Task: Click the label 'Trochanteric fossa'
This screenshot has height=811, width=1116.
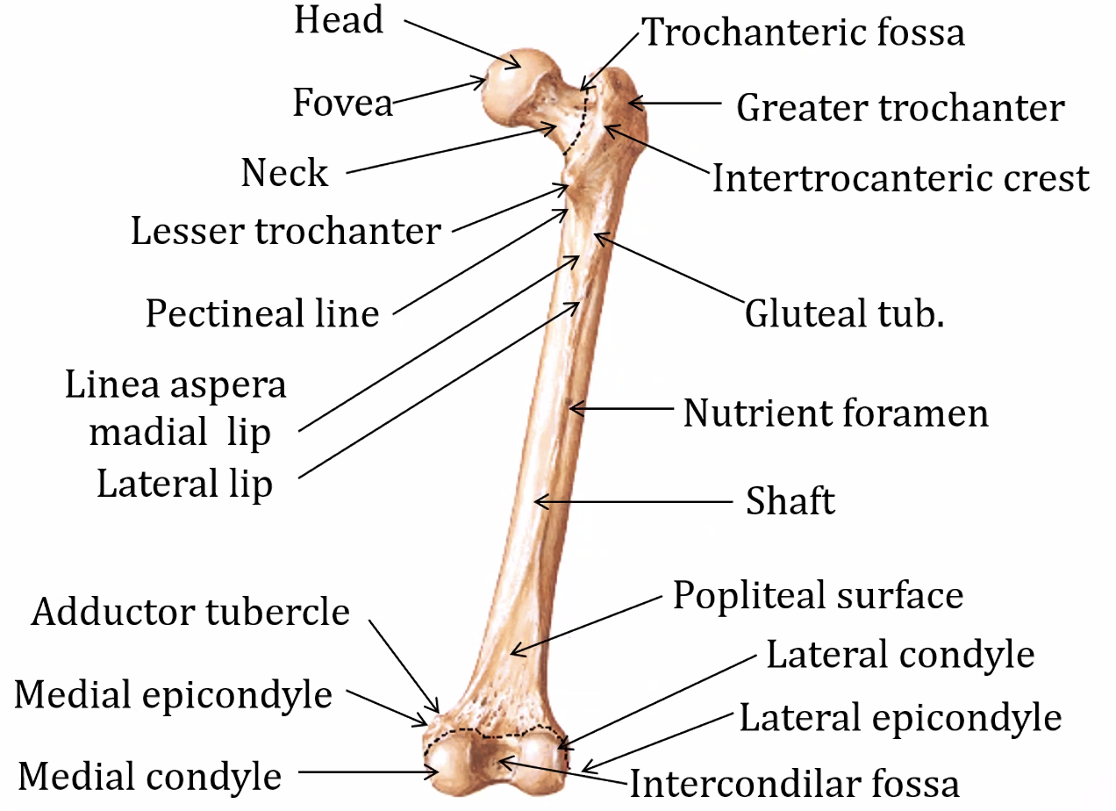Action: tap(805, 32)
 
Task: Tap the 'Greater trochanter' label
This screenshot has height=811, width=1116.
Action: tap(900, 108)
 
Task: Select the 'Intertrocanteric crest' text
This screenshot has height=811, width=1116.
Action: tap(900, 178)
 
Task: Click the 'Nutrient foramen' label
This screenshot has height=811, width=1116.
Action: tap(835, 412)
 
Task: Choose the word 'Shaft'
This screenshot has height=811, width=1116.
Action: tap(790, 502)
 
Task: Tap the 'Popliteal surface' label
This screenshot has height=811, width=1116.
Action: tap(818, 595)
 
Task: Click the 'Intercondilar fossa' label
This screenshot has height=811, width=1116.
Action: tap(794, 782)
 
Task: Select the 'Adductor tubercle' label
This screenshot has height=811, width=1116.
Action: tap(190, 612)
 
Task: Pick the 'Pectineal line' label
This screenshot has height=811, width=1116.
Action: tap(262, 312)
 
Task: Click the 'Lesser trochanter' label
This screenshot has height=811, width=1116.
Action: tap(285, 232)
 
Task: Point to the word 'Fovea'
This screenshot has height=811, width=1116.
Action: tap(342, 104)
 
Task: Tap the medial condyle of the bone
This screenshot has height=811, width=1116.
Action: tap(452, 764)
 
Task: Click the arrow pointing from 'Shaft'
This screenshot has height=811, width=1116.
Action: tap(632, 502)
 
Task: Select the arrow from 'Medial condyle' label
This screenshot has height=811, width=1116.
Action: tap(368, 772)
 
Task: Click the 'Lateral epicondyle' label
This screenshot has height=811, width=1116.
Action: tap(900, 718)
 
